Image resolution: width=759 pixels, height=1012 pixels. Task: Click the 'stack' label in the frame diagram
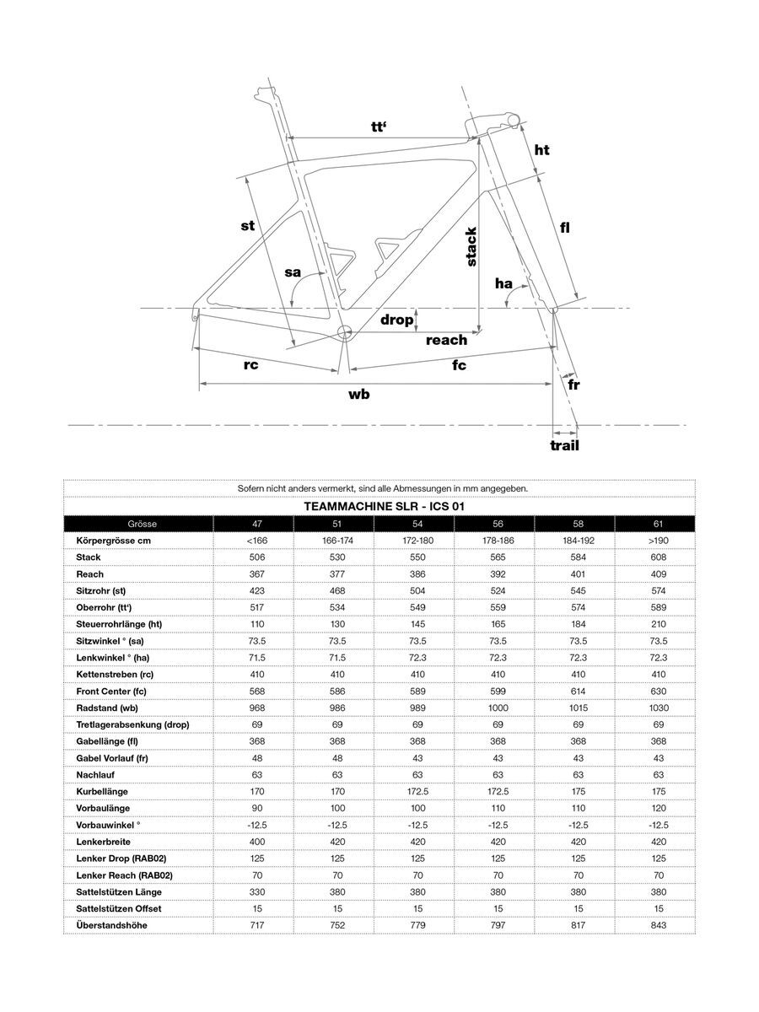[x=471, y=247]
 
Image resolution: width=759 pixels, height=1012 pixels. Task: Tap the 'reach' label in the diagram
[x=446, y=340]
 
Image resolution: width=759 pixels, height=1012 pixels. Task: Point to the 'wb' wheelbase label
[x=359, y=394]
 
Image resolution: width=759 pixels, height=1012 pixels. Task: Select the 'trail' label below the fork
[x=564, y=445]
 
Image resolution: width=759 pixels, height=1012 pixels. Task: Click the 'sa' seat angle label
[x=292, y=272]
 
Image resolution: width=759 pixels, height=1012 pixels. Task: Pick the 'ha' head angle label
[x=504, y=284]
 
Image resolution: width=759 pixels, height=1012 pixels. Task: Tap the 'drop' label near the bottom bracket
[x=397, y=320]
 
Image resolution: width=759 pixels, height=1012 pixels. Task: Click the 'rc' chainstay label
[x=250, y=364]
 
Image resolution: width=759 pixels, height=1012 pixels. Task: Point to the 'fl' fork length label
[x=565, y=227]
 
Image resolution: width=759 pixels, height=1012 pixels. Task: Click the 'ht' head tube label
[x=541, y=149]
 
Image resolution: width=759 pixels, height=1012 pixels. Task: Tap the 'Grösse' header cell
[x=139, y=524]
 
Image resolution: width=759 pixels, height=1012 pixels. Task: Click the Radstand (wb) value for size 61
[x=658, y=708]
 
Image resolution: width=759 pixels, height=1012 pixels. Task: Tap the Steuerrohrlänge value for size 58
[x=578, y=624]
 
